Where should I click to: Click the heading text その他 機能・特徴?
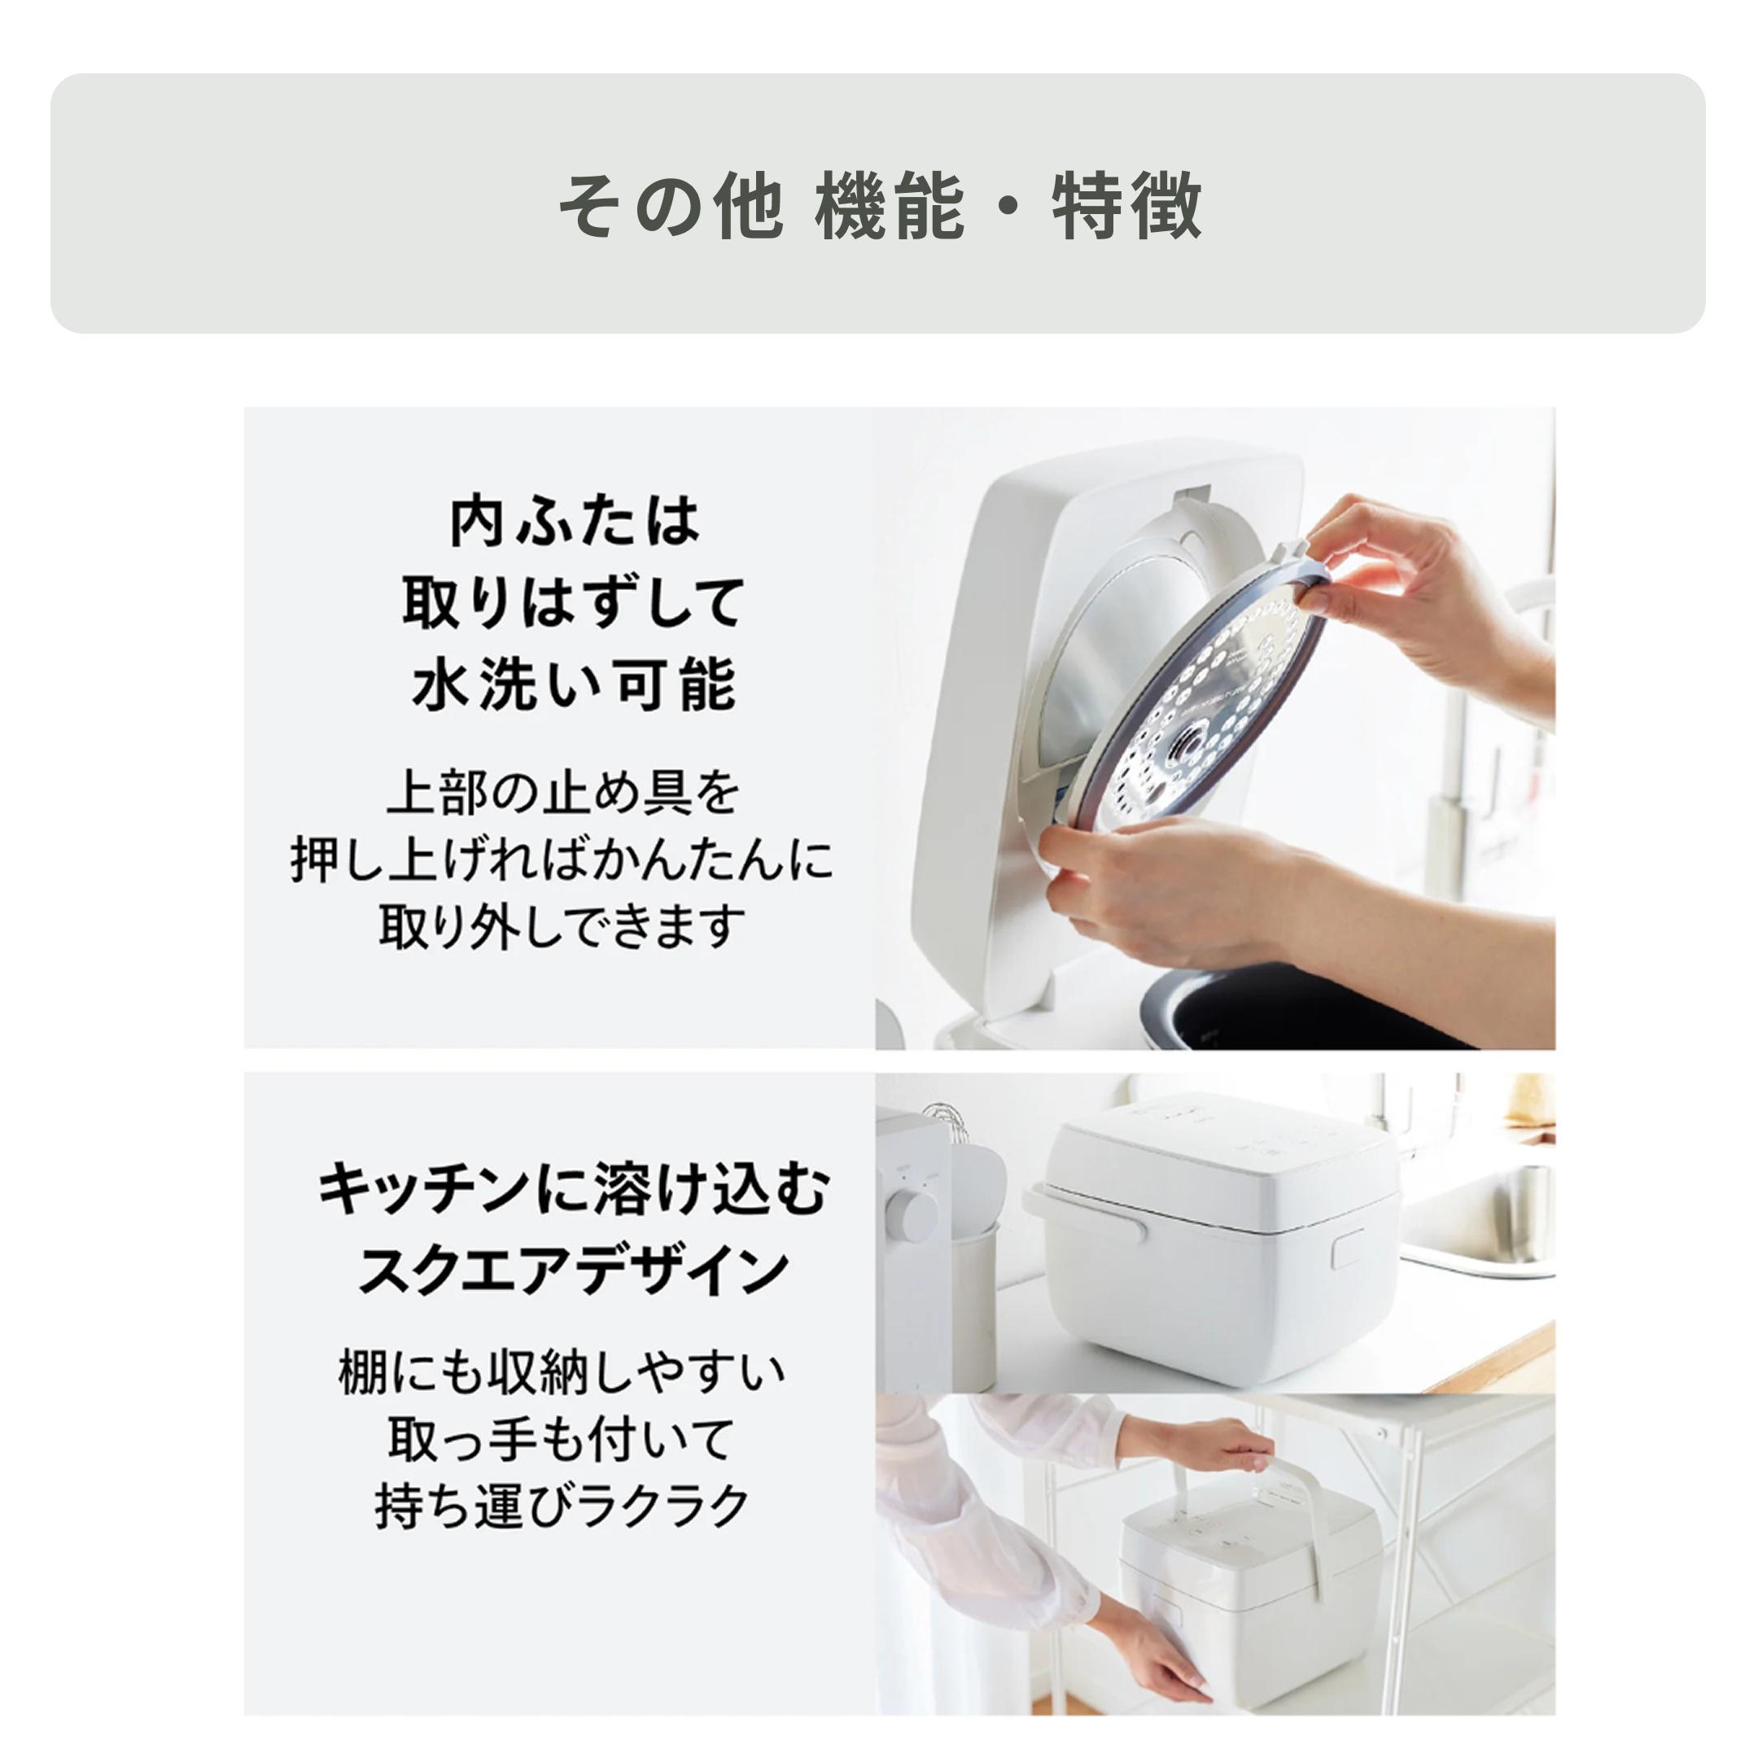[879, 206]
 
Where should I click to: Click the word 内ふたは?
[575, 522]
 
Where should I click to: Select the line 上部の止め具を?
[564, 794]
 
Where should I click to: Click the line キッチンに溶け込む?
[573, 1189]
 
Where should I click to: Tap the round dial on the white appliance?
[912, 1215]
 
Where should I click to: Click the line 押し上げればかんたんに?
[562, 860]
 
